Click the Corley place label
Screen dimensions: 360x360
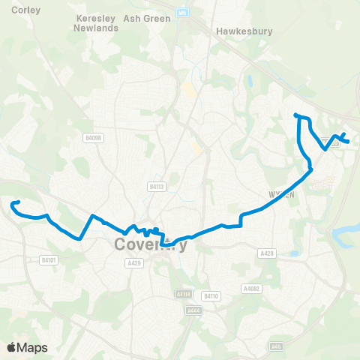coord(14,10)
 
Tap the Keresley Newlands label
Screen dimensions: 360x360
coord(96,22)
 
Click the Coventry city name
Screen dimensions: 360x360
coord(150,244)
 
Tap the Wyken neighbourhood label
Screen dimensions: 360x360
coord(278,193)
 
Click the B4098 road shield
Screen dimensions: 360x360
coord(93,138)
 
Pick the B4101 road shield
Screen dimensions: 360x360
coord(48,259)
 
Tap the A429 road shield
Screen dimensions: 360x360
coord(134,263)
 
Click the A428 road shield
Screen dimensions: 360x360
coord(266,254)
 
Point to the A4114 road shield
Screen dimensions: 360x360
coord(184,294)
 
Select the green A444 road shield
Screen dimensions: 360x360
coord(193,310)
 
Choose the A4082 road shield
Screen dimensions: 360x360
coord(251,289)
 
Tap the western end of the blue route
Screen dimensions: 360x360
coord(13,203)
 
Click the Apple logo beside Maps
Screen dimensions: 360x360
coord(11,346)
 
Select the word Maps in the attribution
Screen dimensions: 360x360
coord(32,347)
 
